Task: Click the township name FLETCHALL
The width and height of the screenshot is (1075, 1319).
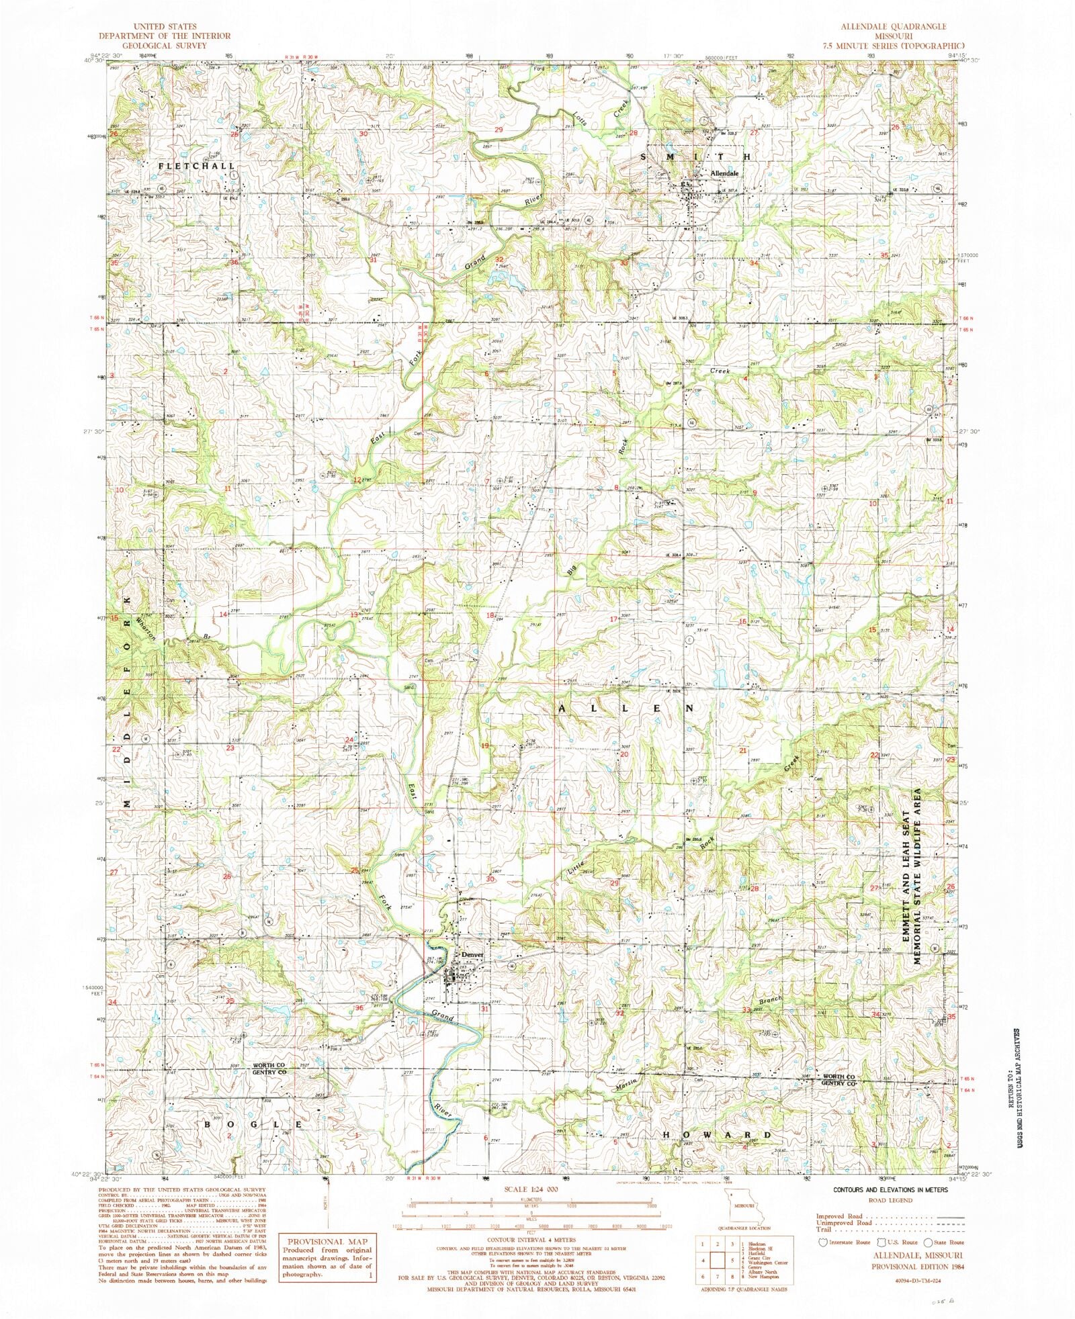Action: [x=197, y=165]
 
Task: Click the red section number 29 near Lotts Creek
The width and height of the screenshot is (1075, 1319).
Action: [x=499, y=130]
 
